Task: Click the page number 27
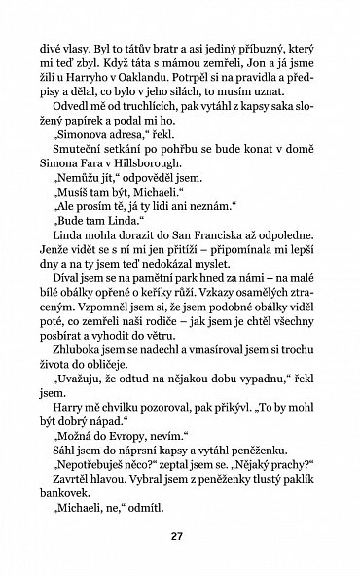coord(177,536)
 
